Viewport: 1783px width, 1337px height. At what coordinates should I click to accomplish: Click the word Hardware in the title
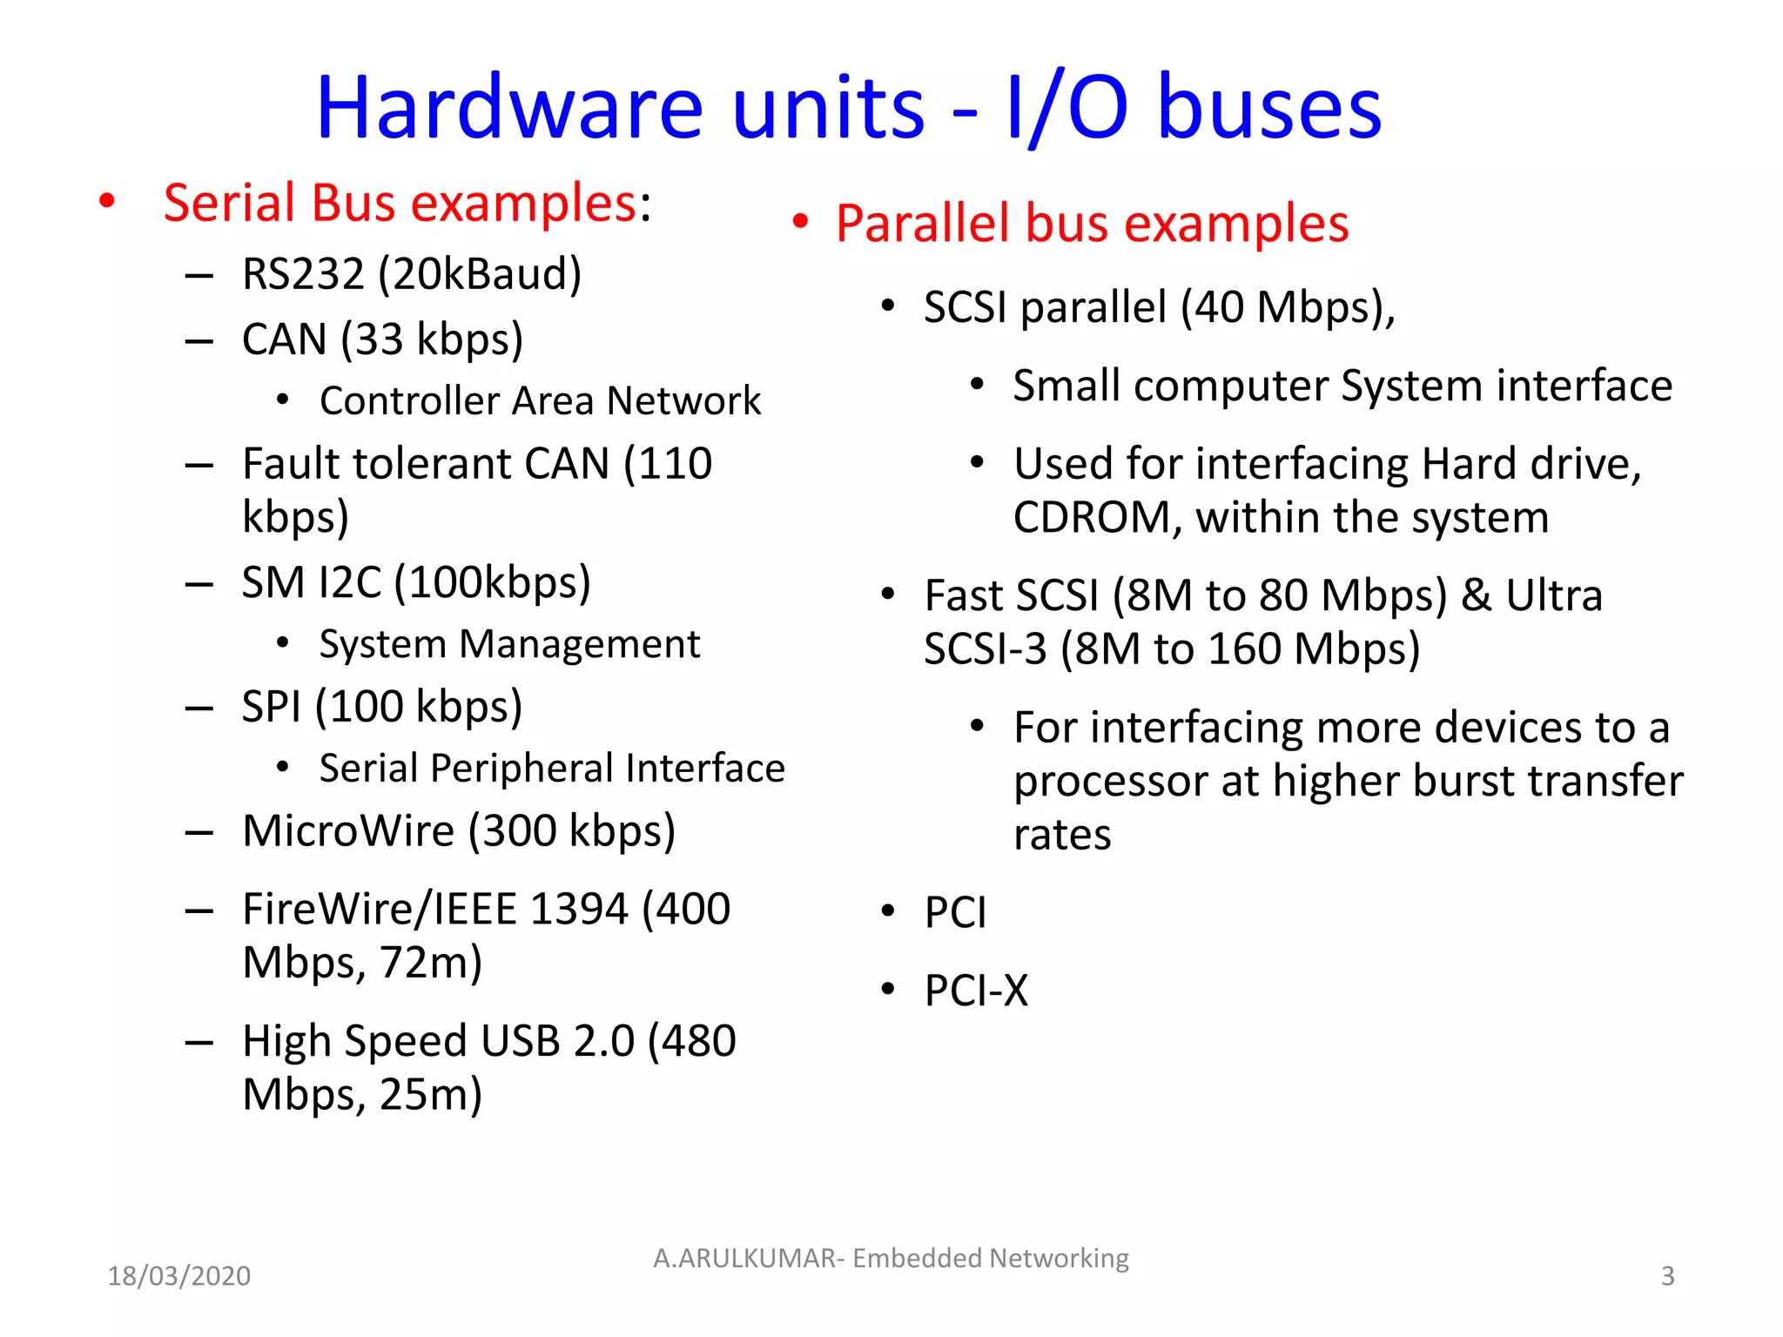[509, 108]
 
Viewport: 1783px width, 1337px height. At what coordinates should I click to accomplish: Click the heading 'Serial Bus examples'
[400, 203]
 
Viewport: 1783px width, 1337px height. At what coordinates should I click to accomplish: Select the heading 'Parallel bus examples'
[1092, 223]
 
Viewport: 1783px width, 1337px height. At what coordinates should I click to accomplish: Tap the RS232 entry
[302, 274]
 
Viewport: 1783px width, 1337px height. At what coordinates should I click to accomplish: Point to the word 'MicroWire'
[348, 830]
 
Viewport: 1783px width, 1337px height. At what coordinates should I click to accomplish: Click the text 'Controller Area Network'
[540, 401]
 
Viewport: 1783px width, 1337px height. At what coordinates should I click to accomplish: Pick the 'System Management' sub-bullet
[509, 645]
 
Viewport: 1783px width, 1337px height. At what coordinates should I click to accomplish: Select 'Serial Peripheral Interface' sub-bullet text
[552, 769]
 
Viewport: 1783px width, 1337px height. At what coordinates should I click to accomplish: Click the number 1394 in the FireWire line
[578, 910]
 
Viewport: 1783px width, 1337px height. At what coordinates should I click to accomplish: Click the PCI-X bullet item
[976, 991]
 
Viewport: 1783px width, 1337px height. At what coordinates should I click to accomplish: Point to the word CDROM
[1092, 518]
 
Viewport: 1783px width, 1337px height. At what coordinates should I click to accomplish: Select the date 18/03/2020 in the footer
[178, 1276]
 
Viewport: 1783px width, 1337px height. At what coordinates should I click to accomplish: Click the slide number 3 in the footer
[1667, 1276]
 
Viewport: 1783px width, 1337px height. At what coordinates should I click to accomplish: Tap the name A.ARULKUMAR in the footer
[744, 1259]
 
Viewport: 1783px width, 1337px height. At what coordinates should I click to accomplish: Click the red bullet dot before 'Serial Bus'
[107, 202]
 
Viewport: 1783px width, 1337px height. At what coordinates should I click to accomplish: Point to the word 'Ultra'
[1553, 596]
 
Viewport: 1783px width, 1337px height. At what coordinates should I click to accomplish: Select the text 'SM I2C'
[311, 582]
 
